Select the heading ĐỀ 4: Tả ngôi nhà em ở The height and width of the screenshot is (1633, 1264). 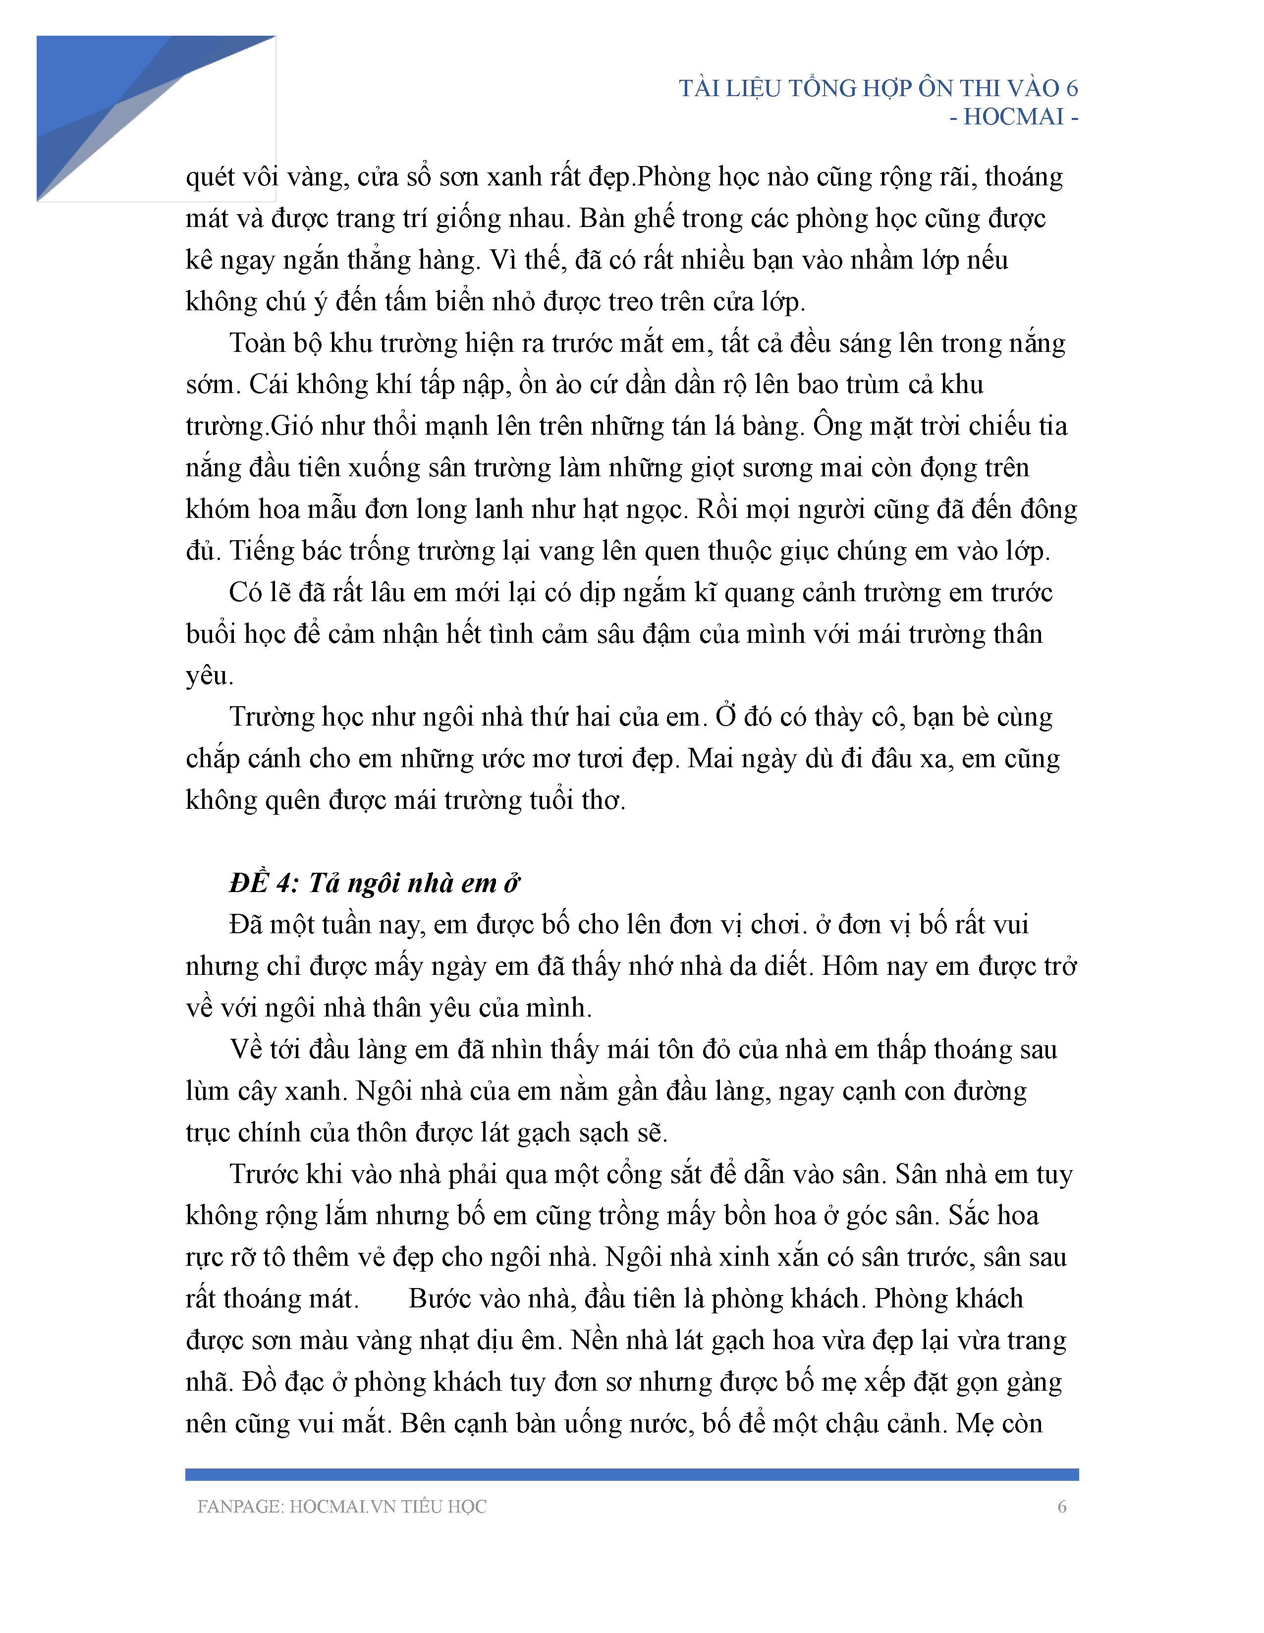click(374, 883)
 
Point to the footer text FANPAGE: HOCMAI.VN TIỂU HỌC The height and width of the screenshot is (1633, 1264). click(341, 1507)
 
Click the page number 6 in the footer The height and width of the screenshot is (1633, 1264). click(1061, 1507)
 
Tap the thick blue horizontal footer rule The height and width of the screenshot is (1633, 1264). click(632, 1474)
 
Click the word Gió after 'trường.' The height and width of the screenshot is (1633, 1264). click(293, 426)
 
